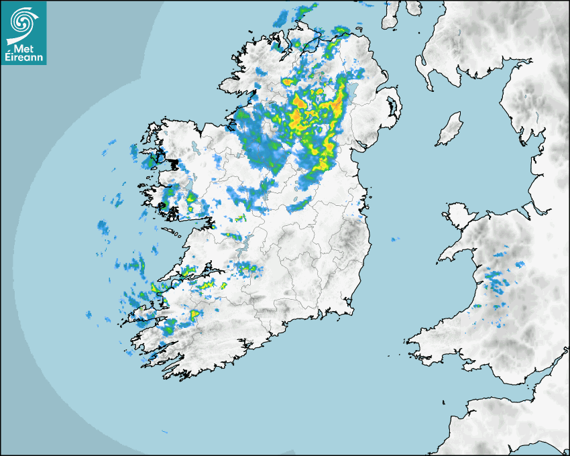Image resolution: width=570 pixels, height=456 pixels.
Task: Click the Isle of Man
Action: coord(450,129)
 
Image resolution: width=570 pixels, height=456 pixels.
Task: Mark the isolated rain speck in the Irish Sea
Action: coord(395,239)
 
